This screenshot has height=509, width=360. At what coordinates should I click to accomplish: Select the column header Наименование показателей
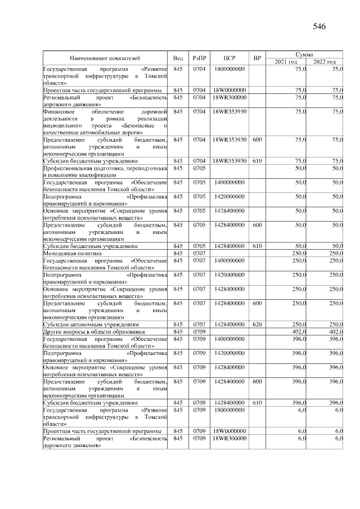[105, 58]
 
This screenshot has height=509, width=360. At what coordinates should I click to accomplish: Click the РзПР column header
[199, 58]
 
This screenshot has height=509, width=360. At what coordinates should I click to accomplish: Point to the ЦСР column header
[229, 58]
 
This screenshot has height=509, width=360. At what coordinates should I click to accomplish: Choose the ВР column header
[257, 58]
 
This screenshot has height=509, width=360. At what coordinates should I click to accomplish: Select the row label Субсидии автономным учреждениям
[91, 325]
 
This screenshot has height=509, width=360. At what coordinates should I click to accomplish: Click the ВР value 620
[257, 325]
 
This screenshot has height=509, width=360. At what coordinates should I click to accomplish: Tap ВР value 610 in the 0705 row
[257, 246]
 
